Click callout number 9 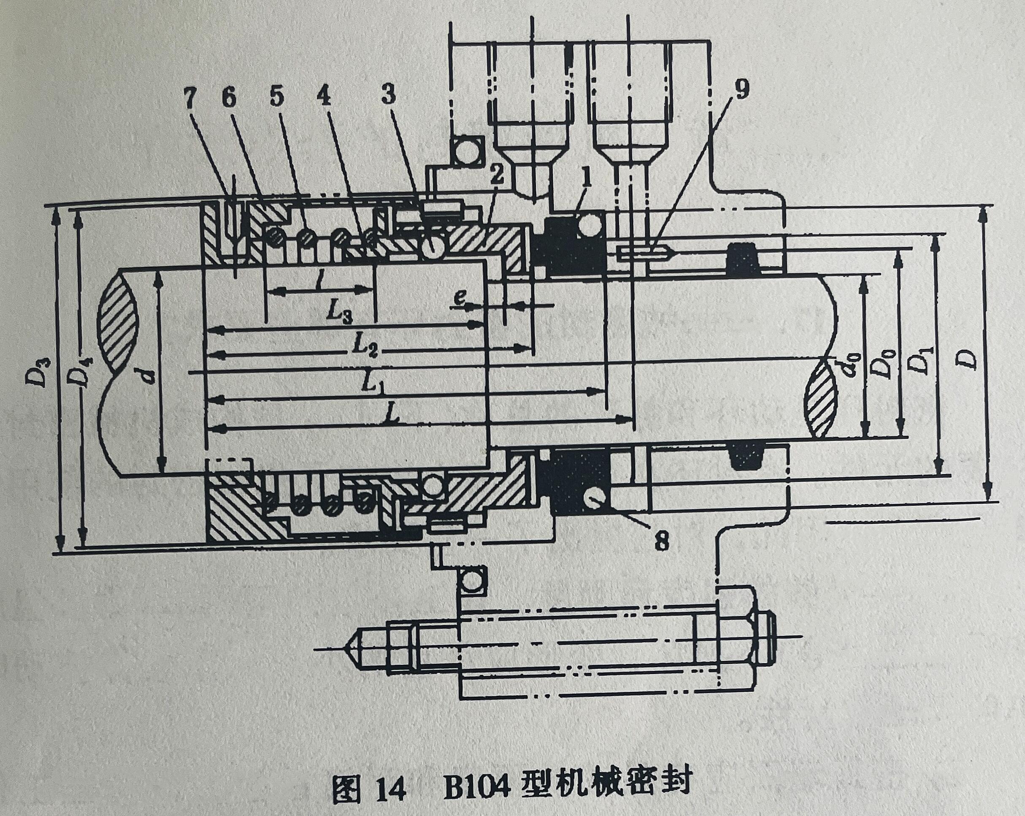743,89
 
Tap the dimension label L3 341,312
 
